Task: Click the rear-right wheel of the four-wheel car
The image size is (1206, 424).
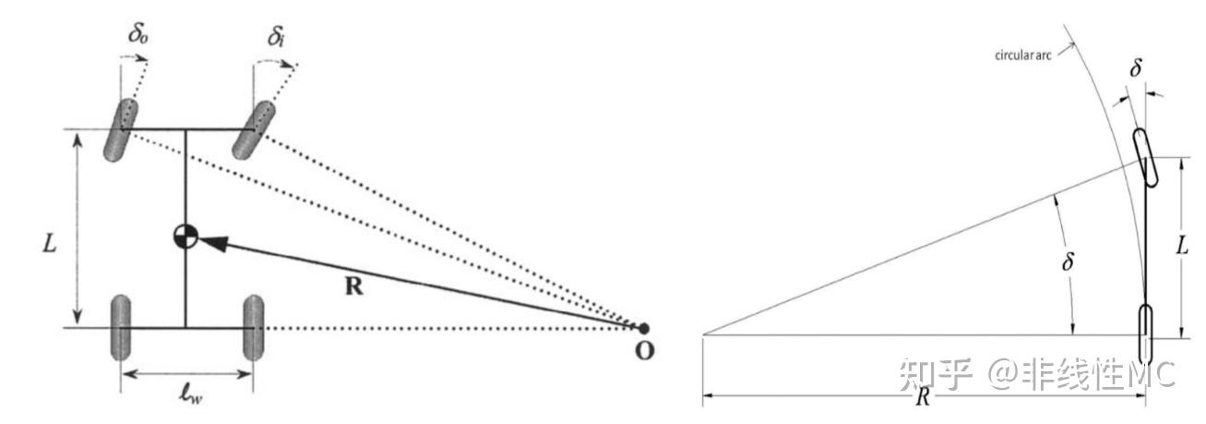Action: [x=253, y=328]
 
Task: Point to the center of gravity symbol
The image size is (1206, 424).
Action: [x=185, y=236]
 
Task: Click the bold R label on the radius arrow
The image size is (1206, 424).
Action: [x=353, y=286]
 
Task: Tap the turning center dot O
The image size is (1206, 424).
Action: [x=643, y=328]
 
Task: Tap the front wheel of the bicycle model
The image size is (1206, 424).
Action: [x=1144, y=157]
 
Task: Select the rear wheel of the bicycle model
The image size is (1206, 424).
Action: [x=1145, y=333]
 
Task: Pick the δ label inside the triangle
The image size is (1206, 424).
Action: [x=1069, y=262]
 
